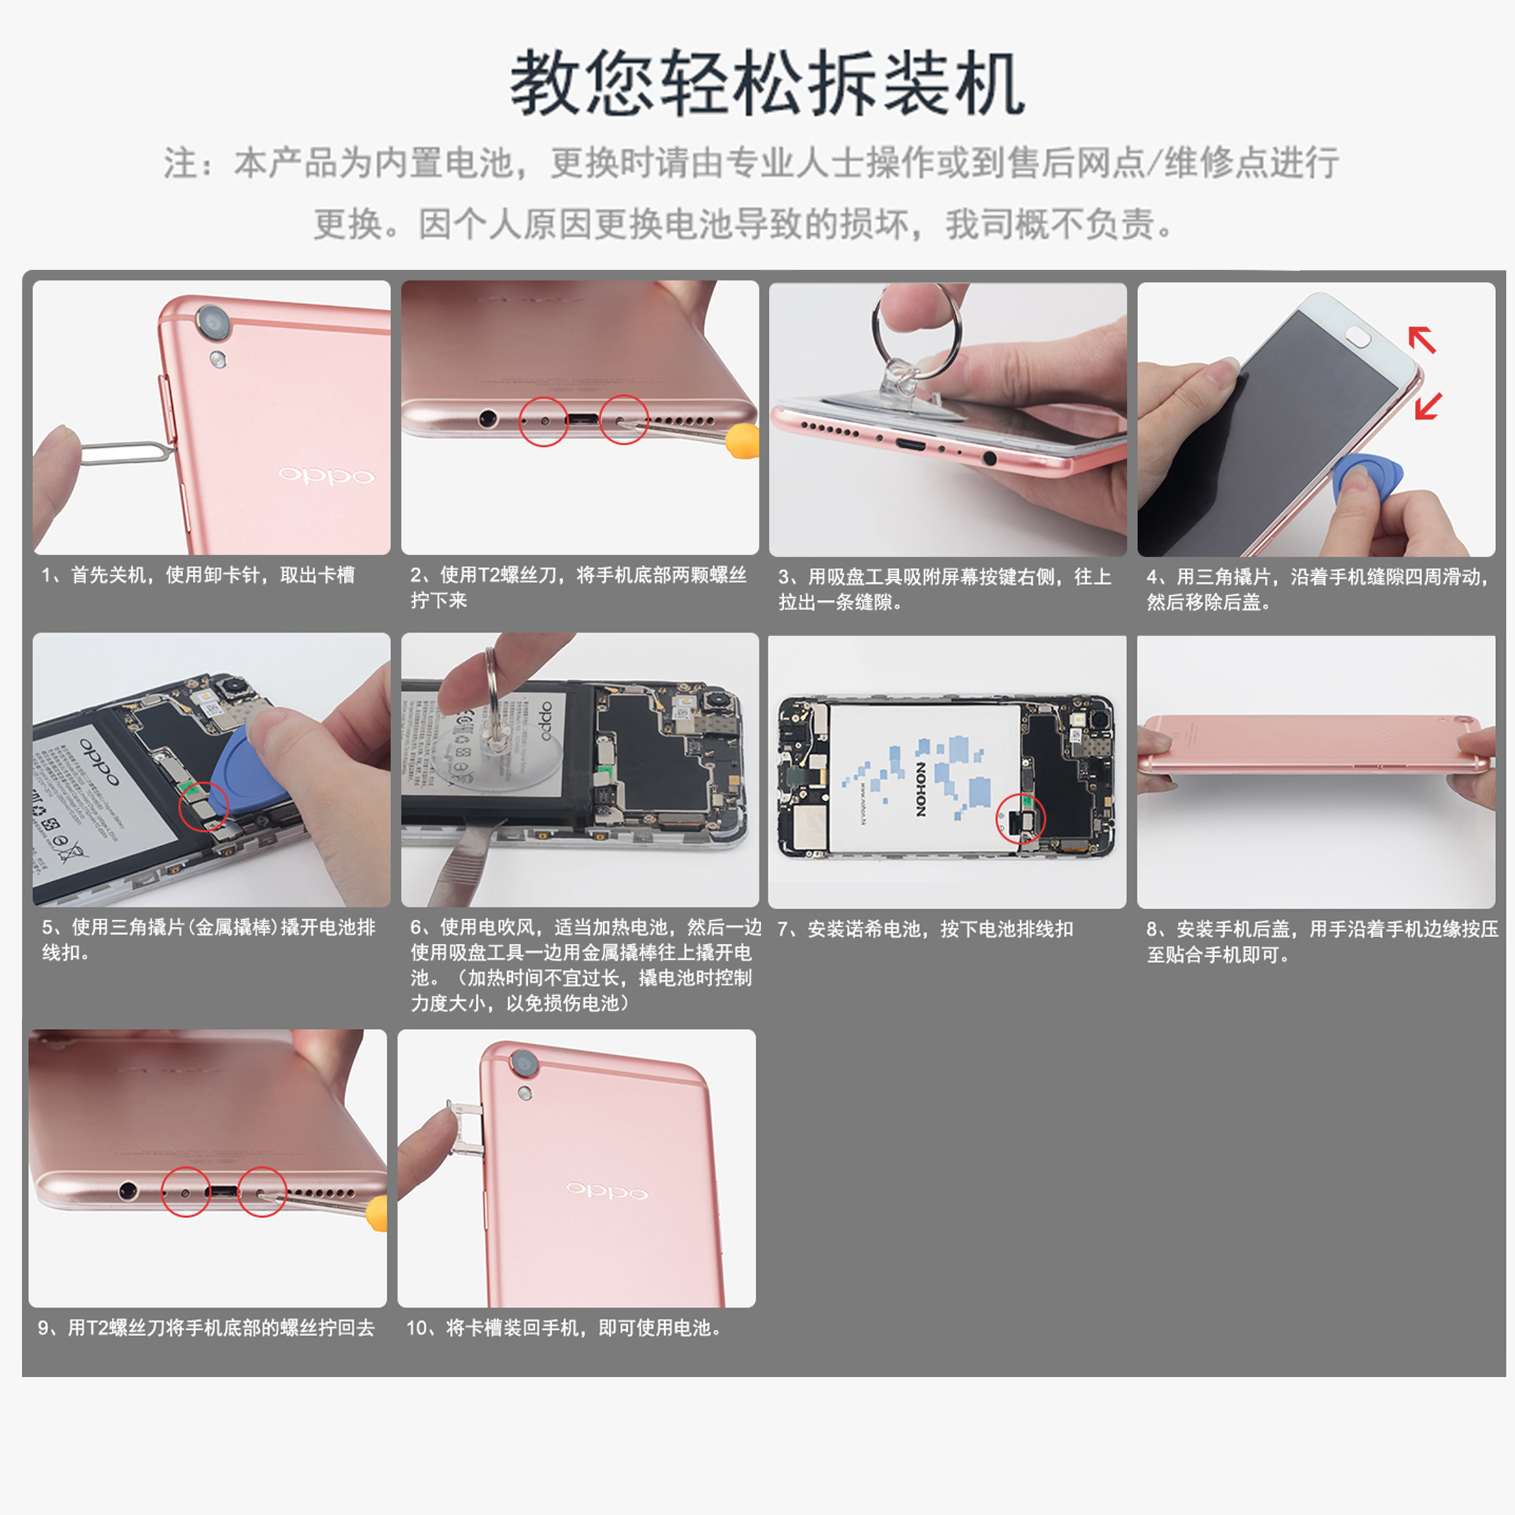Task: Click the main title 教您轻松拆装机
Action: [x=767, y=84]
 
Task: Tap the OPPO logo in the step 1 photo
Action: [x=326, y=475]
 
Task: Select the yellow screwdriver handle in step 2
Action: [x=742, y=441]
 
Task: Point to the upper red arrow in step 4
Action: [x=1421, y=339]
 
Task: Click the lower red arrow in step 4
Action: [x=1428, y=406]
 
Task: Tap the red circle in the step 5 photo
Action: [x=203, y=805]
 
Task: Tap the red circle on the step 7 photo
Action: [x=1020, y=818]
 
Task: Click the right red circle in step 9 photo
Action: [x=262, y=1192]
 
